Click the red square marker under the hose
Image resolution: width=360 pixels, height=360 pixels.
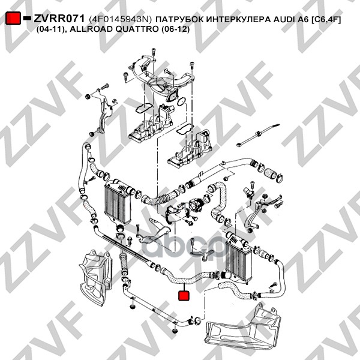184,295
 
